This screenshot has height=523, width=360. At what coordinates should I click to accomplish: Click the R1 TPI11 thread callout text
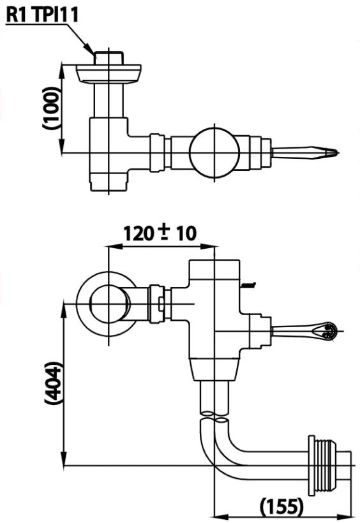pyautogui.click(x=42, y=14)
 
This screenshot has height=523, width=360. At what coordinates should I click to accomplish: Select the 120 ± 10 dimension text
pyautogui.click(x=160, y=233)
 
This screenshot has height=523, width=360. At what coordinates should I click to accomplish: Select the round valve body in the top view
pyautogui.click(x=215, y=152)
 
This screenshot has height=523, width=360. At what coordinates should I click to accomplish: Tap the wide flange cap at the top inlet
pyautogui.click(x=110, y=72)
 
